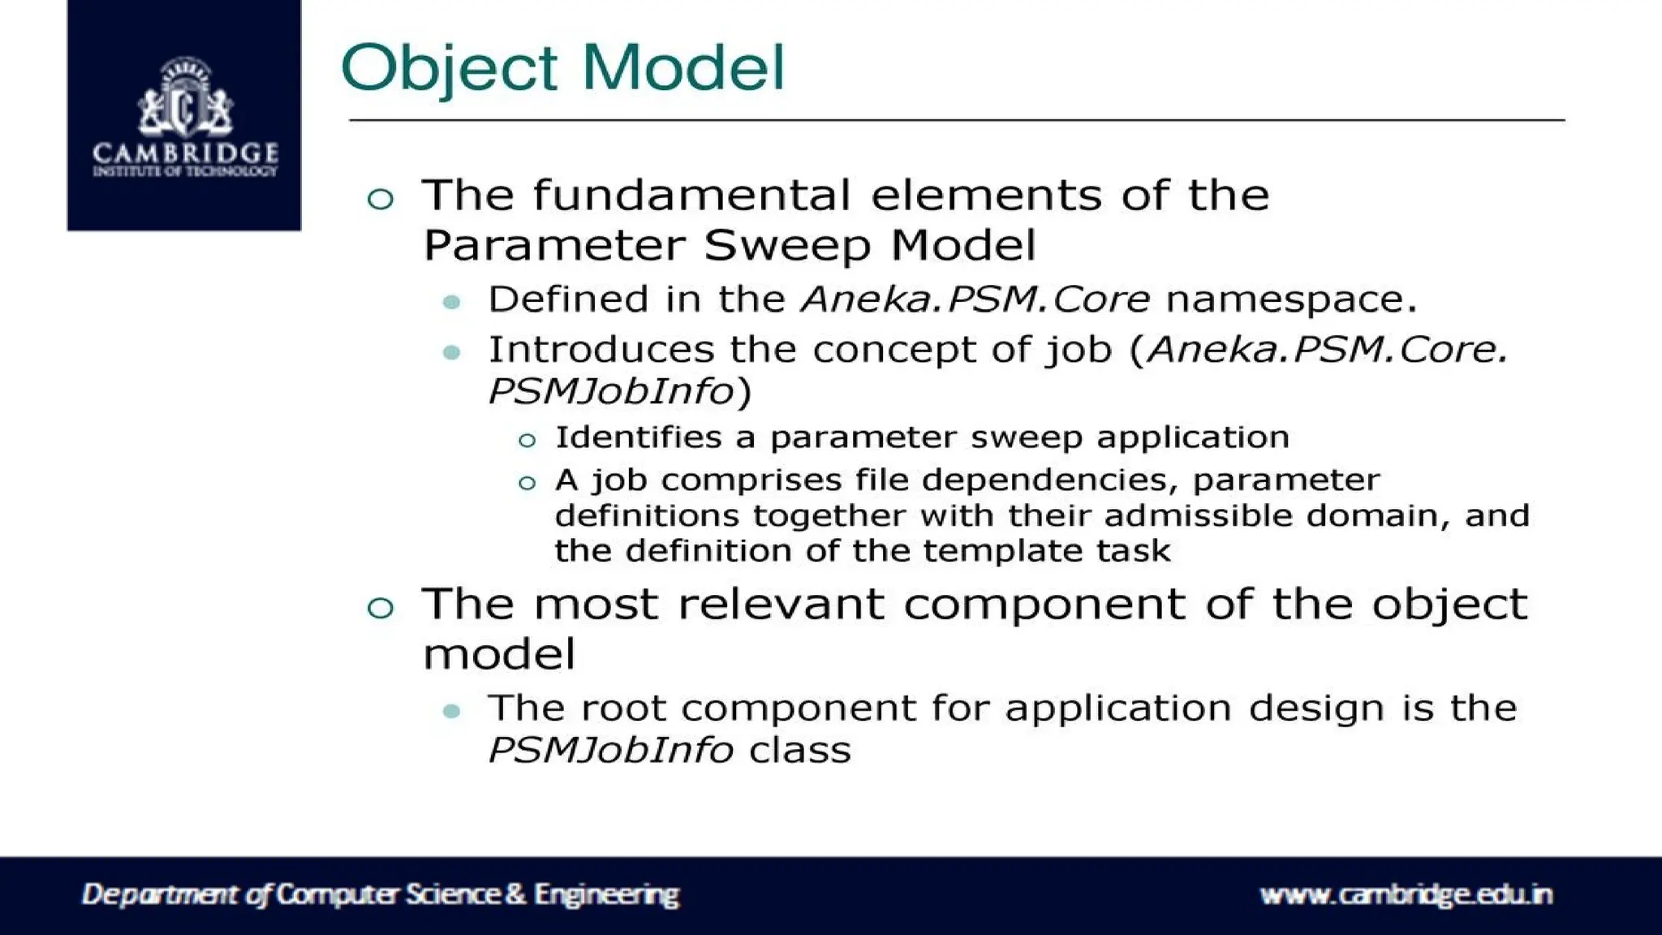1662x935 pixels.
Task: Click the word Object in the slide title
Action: click(449, 68)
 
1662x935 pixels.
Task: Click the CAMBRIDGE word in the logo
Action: click(185, 153)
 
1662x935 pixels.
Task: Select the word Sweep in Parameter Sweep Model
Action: click(786, 245)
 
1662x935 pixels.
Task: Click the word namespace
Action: click(1290, 299)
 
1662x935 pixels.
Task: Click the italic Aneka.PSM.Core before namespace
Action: click(975, 299)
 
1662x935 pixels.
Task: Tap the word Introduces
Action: click(601, 350)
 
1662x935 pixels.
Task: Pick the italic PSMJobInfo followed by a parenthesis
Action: click(610, 392)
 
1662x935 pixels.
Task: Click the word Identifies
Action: click(638, 437)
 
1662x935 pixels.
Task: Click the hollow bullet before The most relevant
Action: click(380, 607)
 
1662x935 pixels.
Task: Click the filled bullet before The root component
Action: click(452, 712)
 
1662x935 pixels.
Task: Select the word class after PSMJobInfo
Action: click(799, 750)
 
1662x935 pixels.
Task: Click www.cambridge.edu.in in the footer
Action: click(1406, 894)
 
